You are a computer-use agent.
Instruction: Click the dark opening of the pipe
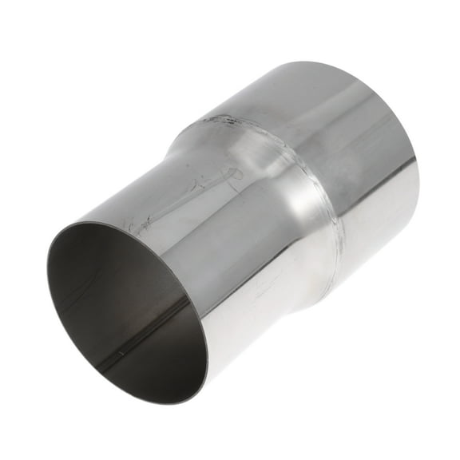click(x=120, y=311)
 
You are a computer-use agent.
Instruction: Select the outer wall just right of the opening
click(x=220, y=319)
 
